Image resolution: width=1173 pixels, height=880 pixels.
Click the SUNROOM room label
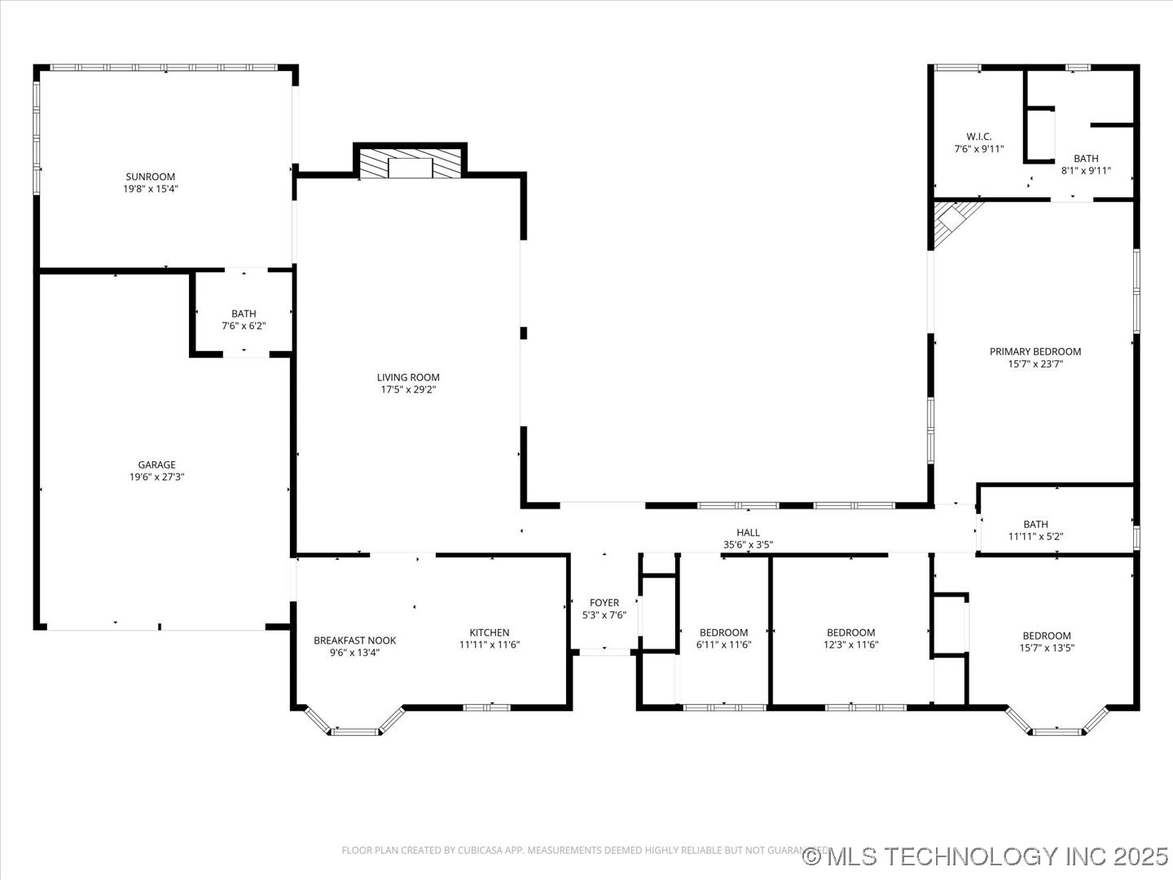tap(150, 177)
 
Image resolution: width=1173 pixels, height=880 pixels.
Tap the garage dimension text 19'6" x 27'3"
tap(156, 477)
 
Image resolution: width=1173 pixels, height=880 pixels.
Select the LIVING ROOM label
tap(408, 377)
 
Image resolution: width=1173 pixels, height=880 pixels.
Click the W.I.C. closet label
tap(979, 137)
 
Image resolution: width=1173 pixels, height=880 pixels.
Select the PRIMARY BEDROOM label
tap(1035, 352)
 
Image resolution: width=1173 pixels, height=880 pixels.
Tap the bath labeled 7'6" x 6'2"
tap(244, 326)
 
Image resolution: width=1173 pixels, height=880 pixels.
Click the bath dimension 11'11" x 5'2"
tap(1036, 537)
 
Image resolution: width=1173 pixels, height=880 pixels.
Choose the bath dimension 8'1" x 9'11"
tap(1086, 171)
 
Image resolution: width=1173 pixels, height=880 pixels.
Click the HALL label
tap(748, 533)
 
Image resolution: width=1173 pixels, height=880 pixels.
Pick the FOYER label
tap(604, 603)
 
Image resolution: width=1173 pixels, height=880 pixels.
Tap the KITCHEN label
tap(490, 632)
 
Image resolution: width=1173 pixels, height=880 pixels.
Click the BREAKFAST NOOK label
tap(355, 640)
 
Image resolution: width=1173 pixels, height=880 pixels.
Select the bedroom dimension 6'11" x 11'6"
tap(723, 645)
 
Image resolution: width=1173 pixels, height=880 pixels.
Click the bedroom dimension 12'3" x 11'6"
tap(850, 645)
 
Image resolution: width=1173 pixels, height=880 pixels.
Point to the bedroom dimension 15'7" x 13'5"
tap(1047, 648)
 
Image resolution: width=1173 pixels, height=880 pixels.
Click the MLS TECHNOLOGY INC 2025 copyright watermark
tap(986, 856)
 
